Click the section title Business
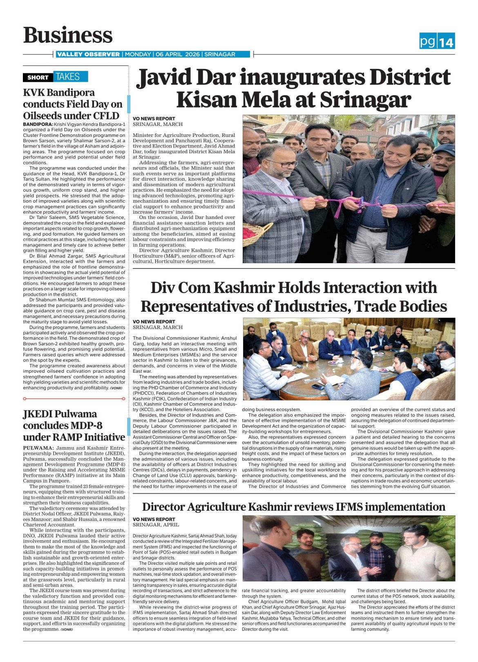click(x=68, y=35)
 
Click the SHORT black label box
click(x=38, y=77)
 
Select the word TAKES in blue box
click(x=68, y=76)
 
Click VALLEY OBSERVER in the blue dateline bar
click(x=88, y=54)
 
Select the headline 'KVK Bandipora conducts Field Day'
click(x=73, y=104)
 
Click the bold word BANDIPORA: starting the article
click(x=38, y=124)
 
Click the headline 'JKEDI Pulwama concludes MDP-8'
click(x=74, y=425)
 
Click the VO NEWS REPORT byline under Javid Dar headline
click(x=154, y=119)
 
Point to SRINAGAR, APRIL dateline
click(x=156, y=525)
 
